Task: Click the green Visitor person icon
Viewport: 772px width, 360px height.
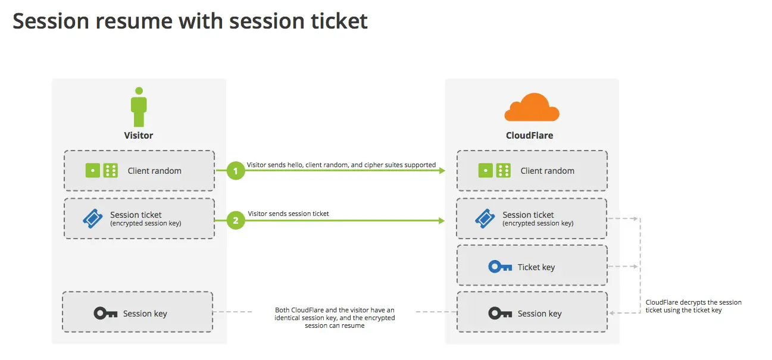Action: tap(139, 108)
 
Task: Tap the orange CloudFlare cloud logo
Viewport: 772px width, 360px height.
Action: tap(531, 108)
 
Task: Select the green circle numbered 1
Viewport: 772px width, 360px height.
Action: tap(236, 171)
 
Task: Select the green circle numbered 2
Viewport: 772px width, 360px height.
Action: tap(236, 220)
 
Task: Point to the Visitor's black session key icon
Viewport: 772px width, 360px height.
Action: tap(105, 314)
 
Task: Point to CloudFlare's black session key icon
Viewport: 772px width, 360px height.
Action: tap(500, 314)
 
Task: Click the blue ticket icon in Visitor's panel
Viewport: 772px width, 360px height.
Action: tap(93, 219)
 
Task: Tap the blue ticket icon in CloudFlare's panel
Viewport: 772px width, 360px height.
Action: tap(485, 219)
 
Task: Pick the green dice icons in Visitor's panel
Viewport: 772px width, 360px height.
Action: tap(101, 171)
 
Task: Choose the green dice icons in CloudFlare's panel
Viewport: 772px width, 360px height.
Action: tap(494, 171)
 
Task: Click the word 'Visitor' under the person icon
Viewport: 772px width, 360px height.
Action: tap(139, 136)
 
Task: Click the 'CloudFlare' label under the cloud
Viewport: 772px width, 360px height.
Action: tap(529, 136)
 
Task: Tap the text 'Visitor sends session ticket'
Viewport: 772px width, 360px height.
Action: tap(289, 214)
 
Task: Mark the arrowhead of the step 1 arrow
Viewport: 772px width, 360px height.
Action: tap(442, 171)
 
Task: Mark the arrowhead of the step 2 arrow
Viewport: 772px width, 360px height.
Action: tap(442, 220)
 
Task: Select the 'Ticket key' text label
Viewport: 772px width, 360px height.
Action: tap(536, 267)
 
